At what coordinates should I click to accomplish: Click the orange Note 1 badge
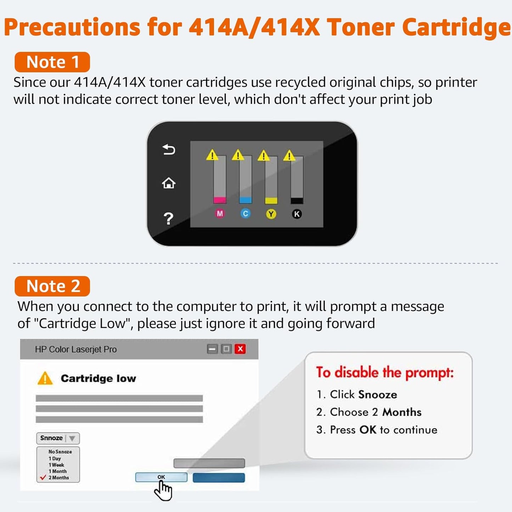[52, 62]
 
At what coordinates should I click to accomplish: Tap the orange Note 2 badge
[52, 286]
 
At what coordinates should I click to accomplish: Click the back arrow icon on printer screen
[169, 150]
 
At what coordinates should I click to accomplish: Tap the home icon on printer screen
[169, 183]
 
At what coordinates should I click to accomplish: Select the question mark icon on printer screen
[169, 219]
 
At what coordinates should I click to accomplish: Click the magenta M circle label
[220, 214]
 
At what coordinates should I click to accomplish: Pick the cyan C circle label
[245, 214]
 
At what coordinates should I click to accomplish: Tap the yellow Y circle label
[271, 214]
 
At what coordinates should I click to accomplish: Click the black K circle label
[297, 214]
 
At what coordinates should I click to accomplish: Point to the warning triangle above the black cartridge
[289, 156]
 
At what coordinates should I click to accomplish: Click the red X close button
[240, 349]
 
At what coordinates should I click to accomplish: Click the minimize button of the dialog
[212, 349]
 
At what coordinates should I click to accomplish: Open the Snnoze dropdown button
[58, 438]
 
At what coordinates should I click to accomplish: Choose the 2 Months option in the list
[58, 478]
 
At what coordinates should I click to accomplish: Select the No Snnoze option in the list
[60, 452]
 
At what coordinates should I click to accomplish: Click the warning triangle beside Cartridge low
[45, 378]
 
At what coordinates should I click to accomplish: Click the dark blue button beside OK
[219, 478]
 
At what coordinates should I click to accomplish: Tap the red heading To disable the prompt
[385, 373]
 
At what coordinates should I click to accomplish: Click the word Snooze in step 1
[378, 394]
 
